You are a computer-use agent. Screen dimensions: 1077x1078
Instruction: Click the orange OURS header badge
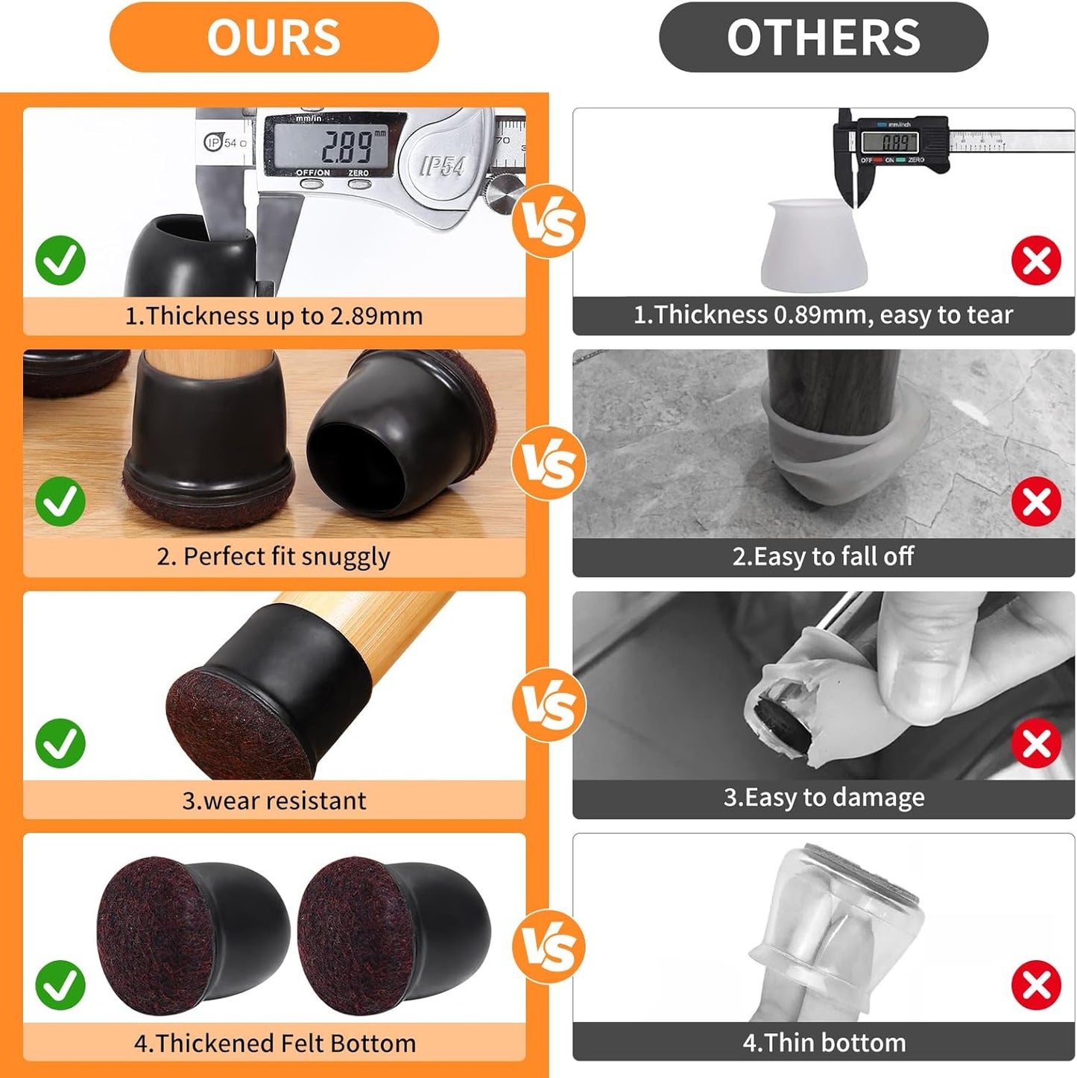pyautogui.click(x=274, y=37)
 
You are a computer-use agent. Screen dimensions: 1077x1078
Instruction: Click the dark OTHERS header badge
pyautogui.click(x=824, y=37)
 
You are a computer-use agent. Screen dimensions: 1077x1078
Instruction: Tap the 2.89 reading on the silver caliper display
pyautogui.click(x=349, y=145)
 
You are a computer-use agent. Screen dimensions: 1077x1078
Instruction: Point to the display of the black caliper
pyautogui.click(x=890, y=142)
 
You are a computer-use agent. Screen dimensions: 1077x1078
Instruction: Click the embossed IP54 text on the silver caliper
pyautogui.click(x=443, y=166)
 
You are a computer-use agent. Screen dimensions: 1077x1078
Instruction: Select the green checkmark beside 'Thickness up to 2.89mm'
pyautogui.click(x=60, y=260)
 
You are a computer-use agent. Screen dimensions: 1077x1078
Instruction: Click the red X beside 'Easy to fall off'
pyautogui.click(x=1036, y=502)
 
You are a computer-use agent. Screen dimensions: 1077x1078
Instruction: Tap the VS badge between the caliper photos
pyautogui.click(x=549, y=221)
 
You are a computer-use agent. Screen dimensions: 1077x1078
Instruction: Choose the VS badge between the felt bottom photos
pyautogui.click(x=549, y=946)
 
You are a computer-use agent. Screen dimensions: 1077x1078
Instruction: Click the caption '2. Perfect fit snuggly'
pyautogui.click(x=274, y=557)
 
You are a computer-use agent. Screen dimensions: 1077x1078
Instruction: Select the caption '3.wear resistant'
pyautogui.click(x=274, y=800)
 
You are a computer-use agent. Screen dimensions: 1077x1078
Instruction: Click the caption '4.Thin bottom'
pyautogui.click(x=824, y=1042)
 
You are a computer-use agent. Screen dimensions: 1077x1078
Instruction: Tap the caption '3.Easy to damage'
pyautogui.click(x=824, y=798)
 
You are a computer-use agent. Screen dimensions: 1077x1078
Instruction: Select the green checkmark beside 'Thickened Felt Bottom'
pyautogui.click(x=60, y=985)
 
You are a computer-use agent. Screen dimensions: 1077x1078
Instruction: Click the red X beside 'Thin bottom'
pyautogui.click(x=1036, y=985)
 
